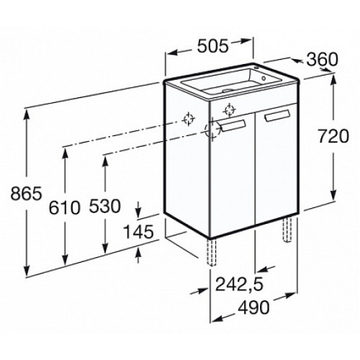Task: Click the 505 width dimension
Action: pyautogui.click(x=212, y=46)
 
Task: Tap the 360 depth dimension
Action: pyautogui.click(x=323, y=60)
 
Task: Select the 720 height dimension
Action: pyautogui.click(x=333, y=136)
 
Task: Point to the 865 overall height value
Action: pyautogui.click(x=26, y=194)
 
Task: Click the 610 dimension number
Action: pyautogui.click(x=64, y=207)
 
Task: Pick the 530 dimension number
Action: pyautogui.click(x=105, y=206)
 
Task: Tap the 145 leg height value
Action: pyautogui.click(x=138, y=232)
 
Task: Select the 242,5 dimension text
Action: pyautogui.click(x=240, y=284)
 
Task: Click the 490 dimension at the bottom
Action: pyautogui.click(x=254, y=307)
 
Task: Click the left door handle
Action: pyautogui.click(x=233, y=125)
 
